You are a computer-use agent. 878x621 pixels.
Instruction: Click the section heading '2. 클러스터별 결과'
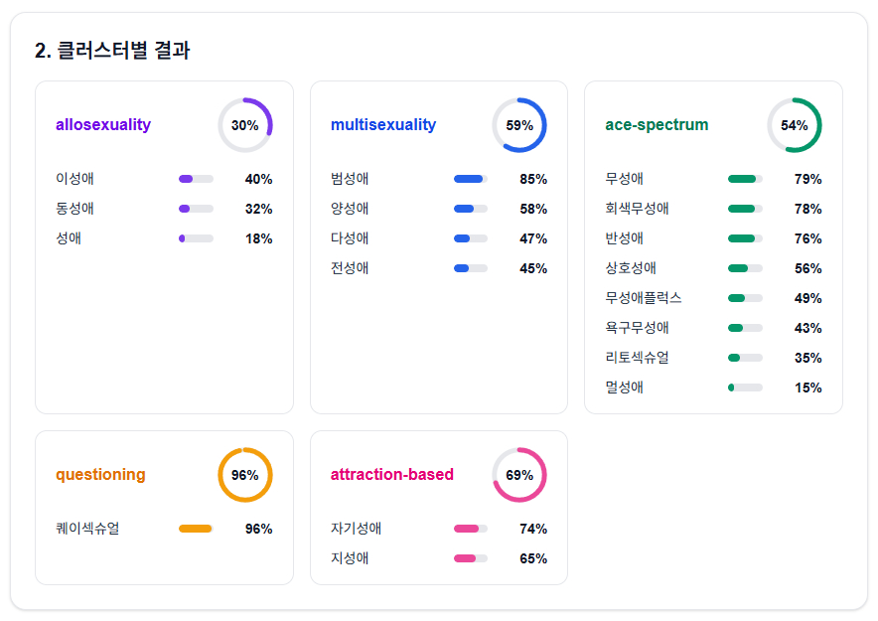[112, 51]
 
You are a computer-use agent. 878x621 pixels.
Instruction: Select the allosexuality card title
[103, 125]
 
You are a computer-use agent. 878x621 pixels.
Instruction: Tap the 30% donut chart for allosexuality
[244, 125]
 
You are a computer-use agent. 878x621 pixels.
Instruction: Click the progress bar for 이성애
[196, 179]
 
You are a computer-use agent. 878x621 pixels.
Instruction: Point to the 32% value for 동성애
[258, 209]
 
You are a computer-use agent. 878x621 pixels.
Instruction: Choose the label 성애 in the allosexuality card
[69, 238]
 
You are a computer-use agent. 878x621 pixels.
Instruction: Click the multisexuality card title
[383, 125]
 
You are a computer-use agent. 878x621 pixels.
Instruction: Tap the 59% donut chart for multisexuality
[519, 125]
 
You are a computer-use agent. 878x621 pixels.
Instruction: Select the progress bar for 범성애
[471, 179]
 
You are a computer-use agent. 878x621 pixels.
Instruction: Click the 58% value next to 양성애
[533, 209]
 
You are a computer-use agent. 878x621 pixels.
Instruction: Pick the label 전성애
[350, 268]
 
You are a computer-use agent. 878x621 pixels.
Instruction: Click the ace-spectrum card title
[657, 125]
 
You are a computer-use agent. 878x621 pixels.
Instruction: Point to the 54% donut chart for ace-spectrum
[794, 125]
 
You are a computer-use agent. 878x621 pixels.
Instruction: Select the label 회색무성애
[637, 209]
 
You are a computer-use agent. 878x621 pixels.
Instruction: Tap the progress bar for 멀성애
[745, 388]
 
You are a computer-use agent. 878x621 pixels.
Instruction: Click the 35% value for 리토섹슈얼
[807, 358]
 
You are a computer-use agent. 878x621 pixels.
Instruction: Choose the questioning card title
[100, 475]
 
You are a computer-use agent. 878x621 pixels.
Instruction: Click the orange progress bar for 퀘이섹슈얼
[196, 529]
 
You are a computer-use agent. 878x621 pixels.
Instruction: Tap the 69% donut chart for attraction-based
[519, 475]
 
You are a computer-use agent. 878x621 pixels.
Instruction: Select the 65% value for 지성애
[533, 558]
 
